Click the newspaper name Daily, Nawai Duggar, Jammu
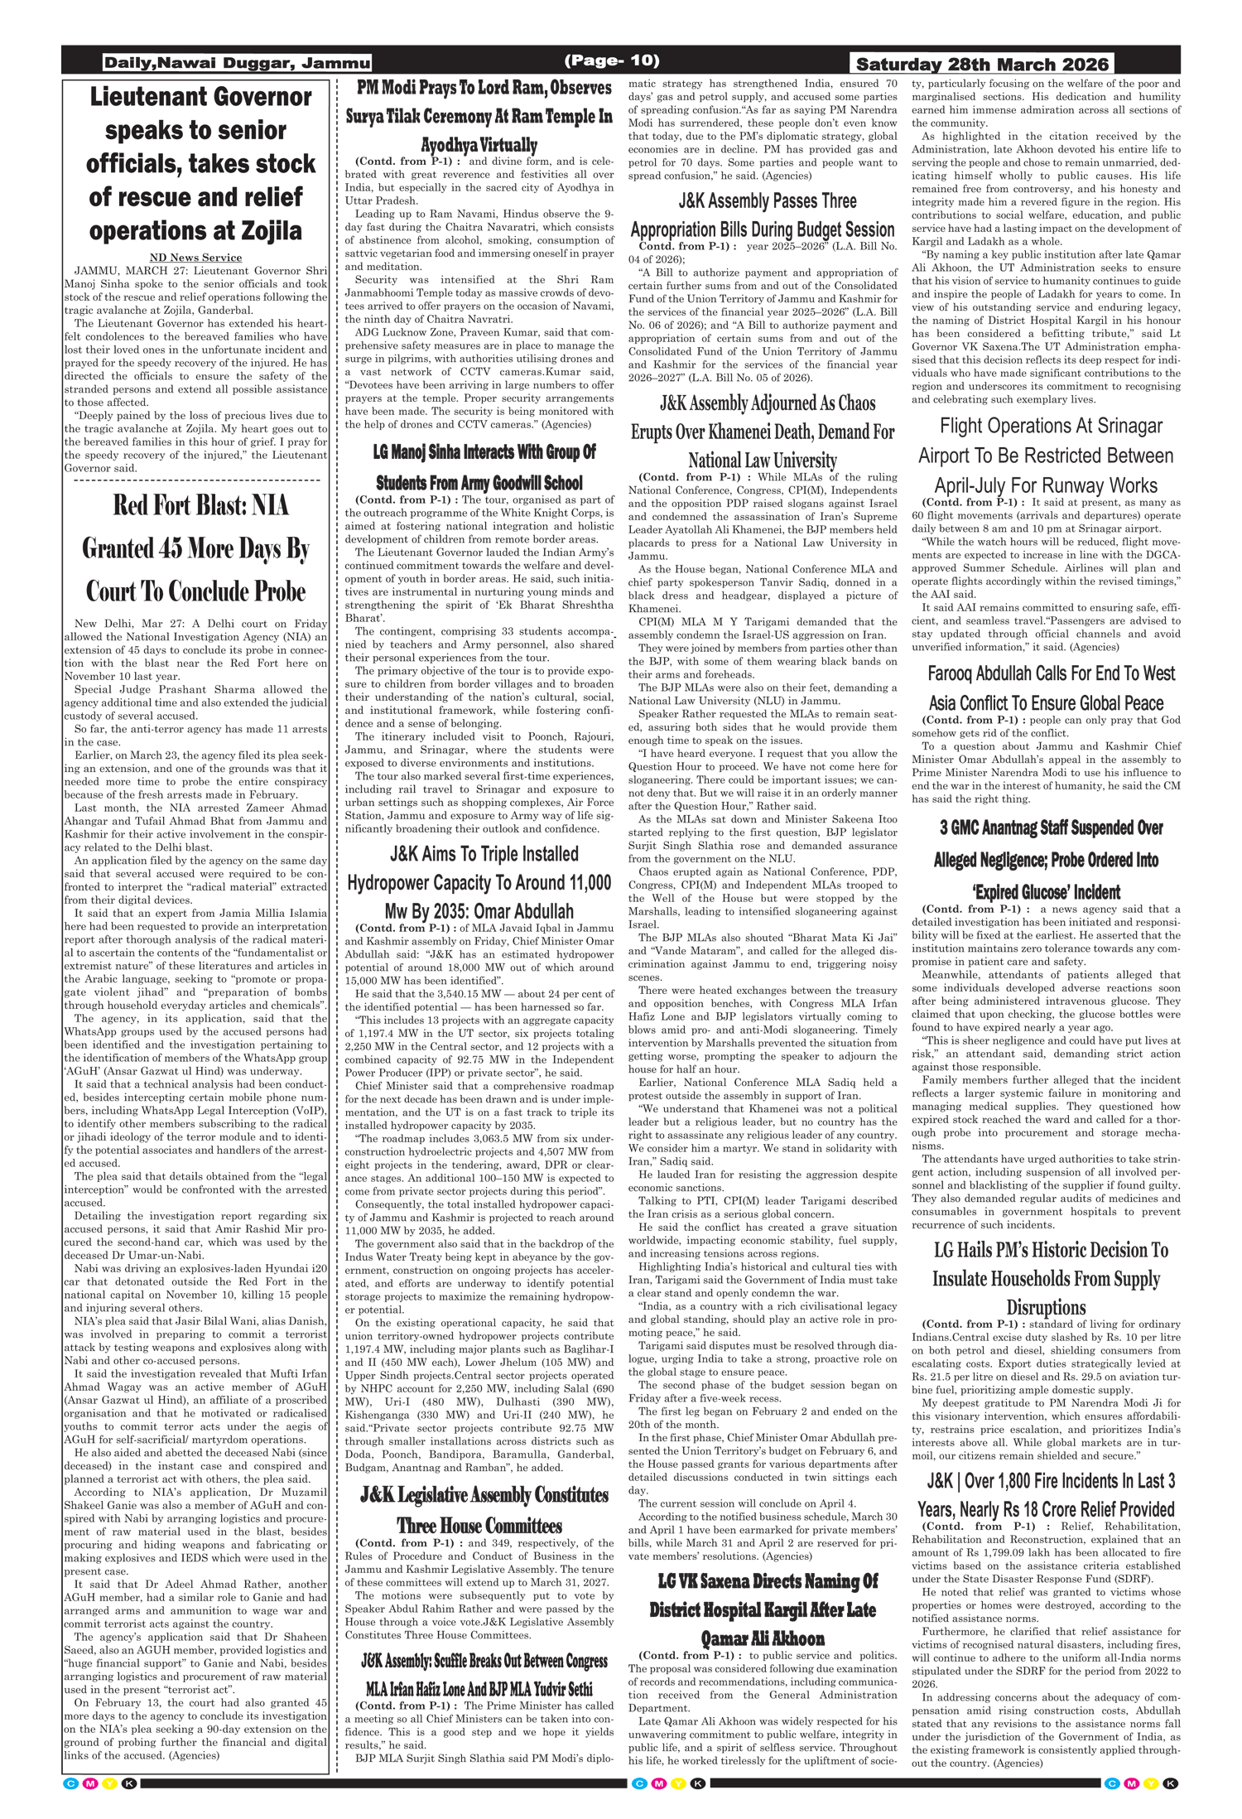click(x=237, y=63)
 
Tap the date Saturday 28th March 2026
click(x=983, y=64)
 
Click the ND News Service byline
click(x=196, y=258)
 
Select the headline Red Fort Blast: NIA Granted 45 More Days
click(x=196, y=548)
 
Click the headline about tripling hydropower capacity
click(x=479, y=883)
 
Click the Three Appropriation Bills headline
click(x=763, y=215)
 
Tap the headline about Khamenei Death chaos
click(x=763, y=432)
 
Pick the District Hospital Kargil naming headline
click(x=763, y=1609)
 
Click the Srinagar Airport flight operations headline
click(x=1046, y=456)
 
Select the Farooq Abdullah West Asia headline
click(x=1046, y=688)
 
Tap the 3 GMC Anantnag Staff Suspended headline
click(x=1046, y=860)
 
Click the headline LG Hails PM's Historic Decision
click(x=1046, y=1278)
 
